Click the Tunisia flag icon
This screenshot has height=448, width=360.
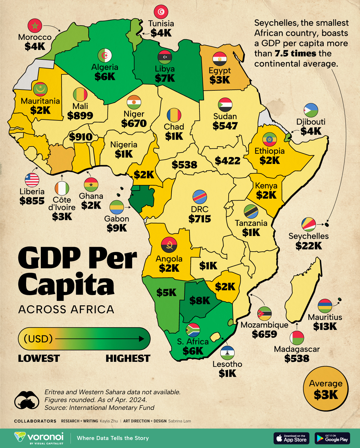(x=161, y=12)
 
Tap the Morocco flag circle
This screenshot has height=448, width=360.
(x=35, y=26)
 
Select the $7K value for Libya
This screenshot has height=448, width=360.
(x=165, y=78)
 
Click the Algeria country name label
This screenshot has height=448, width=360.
(x=105, y=67)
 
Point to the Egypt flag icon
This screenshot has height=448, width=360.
(x=220, y=59)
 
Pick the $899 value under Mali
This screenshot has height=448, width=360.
(x=80, y=116)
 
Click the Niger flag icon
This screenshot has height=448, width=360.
(x=134, y=102)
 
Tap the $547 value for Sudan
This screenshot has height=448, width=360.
(x=225, y=126)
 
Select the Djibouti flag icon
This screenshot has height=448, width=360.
(x=311, y=110)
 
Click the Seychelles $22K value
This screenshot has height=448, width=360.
(x=308, y=246)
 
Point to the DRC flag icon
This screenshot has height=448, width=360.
(x=199, y=197)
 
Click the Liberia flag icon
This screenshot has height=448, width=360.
(x=32, y=180)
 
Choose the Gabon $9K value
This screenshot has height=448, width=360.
(x=117, y=228)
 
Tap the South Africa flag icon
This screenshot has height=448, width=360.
(x=193, y=330)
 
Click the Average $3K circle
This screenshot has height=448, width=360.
(x=326, y=389)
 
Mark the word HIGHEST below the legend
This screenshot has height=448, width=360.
(x=128, y=359)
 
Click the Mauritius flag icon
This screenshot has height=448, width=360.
(x=325, y=306)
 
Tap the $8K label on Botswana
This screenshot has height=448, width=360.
(x=199, y=301)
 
